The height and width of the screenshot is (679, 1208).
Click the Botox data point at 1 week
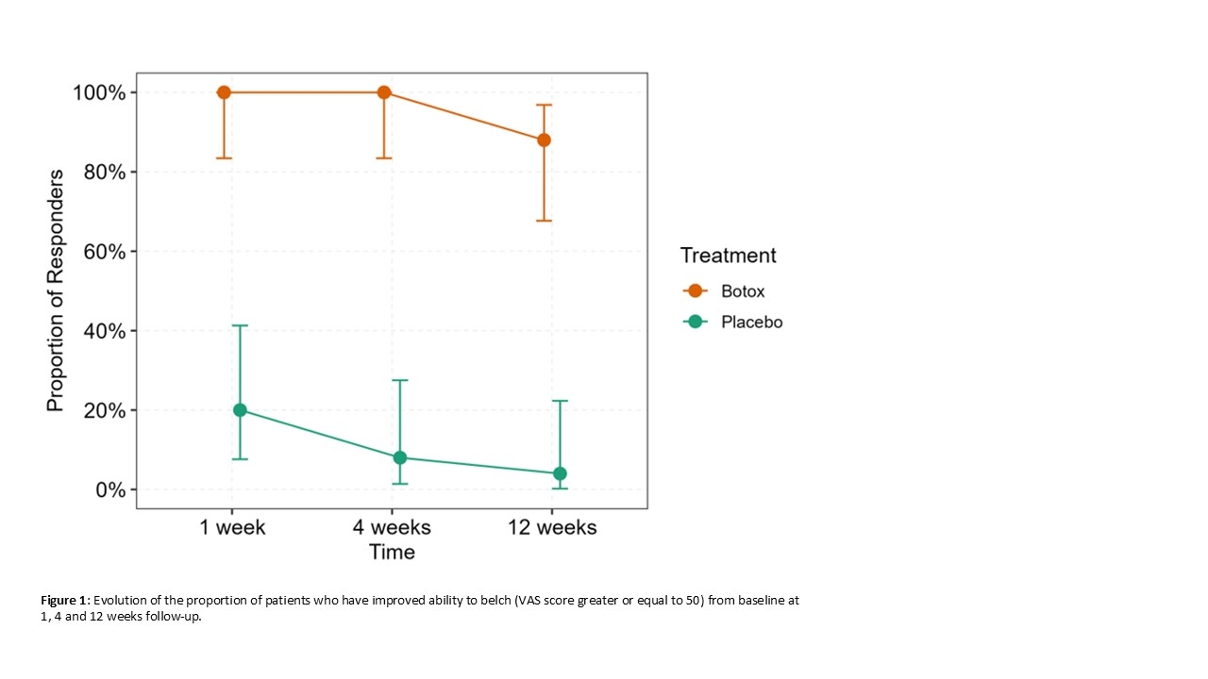point(224,92)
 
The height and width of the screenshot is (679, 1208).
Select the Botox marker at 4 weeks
point(384,92)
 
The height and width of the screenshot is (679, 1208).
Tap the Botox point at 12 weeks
point(544,141)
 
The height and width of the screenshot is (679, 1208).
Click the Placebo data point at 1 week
point(240,410)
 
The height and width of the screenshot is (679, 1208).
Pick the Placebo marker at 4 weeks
point(400,457)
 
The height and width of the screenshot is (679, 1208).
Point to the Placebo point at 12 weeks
point(560,473)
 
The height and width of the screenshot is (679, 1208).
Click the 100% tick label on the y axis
point(98,92)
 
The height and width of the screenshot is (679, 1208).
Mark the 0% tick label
point(109,490)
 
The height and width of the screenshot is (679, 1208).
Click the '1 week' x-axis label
point(232,527)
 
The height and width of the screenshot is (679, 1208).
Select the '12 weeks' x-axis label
point(552,527)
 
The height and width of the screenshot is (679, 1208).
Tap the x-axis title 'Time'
point(392,552)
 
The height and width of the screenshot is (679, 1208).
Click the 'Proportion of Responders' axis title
point(56,290)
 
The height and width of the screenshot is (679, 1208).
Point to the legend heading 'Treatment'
point(729,256)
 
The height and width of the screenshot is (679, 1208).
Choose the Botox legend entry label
point(743,291)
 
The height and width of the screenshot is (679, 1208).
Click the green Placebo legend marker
point(696,322)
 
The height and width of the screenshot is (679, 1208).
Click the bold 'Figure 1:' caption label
point(65,601)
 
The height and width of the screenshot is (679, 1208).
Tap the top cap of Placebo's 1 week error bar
point(240,325)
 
